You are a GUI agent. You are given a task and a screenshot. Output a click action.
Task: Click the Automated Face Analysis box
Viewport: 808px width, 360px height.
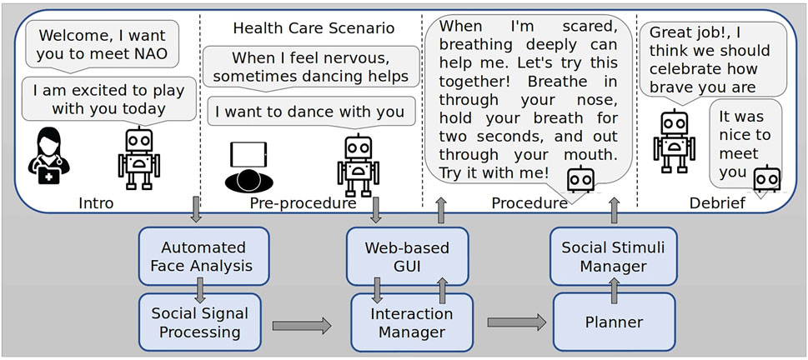[x=203, y=257]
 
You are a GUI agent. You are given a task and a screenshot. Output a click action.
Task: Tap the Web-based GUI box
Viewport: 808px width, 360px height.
[x=407, y=257]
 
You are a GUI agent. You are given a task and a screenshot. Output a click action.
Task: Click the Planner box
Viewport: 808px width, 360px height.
[x=615, y=322]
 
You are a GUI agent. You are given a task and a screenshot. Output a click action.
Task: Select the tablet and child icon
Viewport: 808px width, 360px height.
[x=247, y=167]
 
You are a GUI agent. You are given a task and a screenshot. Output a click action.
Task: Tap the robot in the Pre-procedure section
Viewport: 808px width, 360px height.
[x=358, y=165]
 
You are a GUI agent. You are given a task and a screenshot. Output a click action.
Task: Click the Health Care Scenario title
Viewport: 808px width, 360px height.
[x=314, y=27]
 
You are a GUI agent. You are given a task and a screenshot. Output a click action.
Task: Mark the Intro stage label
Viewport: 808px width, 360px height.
[x=96, y=202]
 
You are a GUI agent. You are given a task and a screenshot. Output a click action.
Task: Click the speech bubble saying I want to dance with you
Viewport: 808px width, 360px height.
[x=311, y=111]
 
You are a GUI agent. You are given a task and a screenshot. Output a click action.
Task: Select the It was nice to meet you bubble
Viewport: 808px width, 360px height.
[x=745, y=143]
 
